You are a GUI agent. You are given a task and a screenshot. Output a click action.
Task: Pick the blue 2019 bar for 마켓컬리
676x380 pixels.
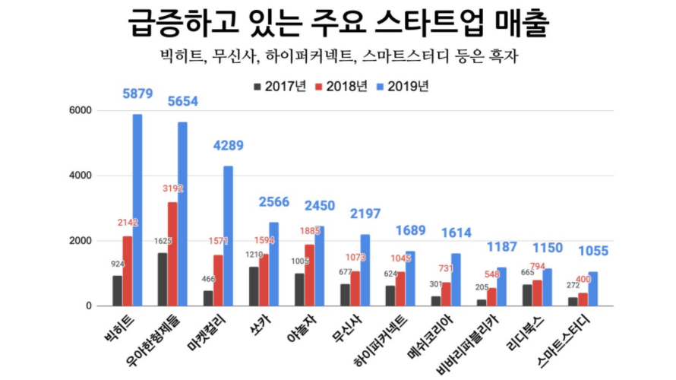(x=228, y=236)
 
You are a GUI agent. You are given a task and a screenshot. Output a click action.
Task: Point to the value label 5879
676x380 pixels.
(x=137, y=95)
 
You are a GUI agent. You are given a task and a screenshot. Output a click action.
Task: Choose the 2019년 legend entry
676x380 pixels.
(x=400, y=86)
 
